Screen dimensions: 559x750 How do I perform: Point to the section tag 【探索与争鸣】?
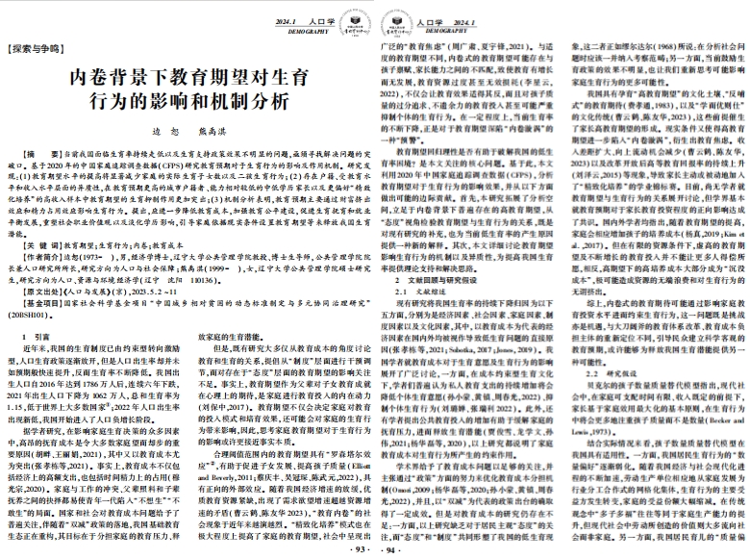[33, 46]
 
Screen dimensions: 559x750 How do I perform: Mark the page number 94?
[389, 548]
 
